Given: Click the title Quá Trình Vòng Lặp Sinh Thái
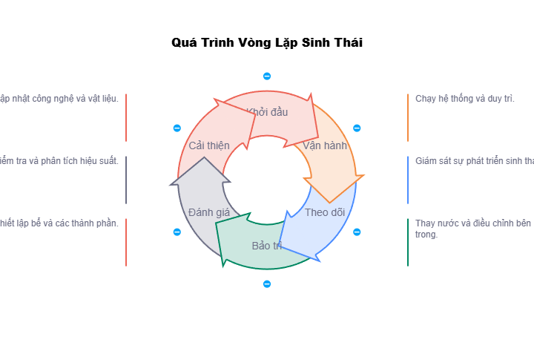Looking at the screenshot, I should tap(267, 43).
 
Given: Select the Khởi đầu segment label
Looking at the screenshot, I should tap(267, 112).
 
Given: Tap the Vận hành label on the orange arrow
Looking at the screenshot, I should tap(325, 145).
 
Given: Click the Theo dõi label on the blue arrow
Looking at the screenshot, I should tap(325, 212).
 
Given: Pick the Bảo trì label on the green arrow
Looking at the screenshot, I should tap(267, 246).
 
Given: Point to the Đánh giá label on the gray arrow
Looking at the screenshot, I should tap(209, 212).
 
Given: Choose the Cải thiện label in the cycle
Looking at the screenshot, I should tap(209, 145).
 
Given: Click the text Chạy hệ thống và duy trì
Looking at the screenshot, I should tap(464, 99).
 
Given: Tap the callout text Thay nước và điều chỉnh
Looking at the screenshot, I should tap(472, 229).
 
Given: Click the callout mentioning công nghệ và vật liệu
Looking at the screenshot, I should tap(59, 99).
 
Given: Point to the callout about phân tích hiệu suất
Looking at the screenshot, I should tap(59, 161).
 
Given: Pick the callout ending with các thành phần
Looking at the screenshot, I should tap(59, 223).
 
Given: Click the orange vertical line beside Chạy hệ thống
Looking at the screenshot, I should tap(408, 117).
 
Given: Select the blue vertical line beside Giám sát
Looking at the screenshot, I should tap(408, 180).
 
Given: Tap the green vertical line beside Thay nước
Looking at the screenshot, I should tap(408, 242).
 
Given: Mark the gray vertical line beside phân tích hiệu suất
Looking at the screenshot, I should tap(126, 180).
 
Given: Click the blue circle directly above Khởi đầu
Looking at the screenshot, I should tap(267, 76).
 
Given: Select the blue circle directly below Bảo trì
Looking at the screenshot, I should tap(267, 284).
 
